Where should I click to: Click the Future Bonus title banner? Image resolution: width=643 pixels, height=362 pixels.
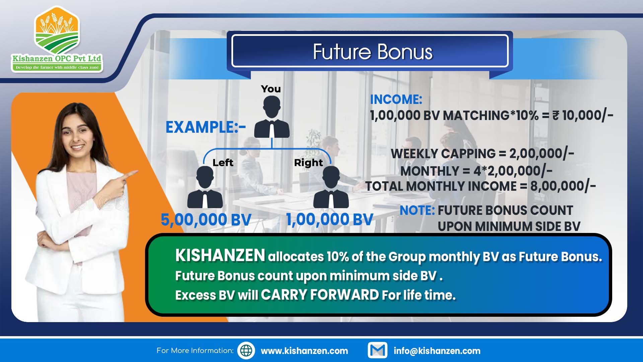pos(370,51)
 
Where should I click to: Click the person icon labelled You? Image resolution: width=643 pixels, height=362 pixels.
pos(272,117)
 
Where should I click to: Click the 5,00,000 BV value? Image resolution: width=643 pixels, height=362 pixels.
pos(206,220)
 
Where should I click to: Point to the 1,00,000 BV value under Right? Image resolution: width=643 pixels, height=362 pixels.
pos(330,220)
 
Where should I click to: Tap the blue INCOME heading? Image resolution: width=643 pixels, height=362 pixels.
pos(396,100)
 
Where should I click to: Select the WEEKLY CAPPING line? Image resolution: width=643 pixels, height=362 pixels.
pos(482,154)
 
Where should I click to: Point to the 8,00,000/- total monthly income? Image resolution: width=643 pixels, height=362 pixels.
pos(563,186)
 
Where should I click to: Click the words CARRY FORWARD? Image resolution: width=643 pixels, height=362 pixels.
pos(320,295)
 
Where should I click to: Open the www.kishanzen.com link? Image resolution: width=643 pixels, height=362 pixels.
pos(304,351)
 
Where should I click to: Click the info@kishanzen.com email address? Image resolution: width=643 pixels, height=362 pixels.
pos(437,351)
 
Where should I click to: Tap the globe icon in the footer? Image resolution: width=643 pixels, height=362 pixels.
pos(246,351)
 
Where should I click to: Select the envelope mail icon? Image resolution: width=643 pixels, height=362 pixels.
pos(377,350)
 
